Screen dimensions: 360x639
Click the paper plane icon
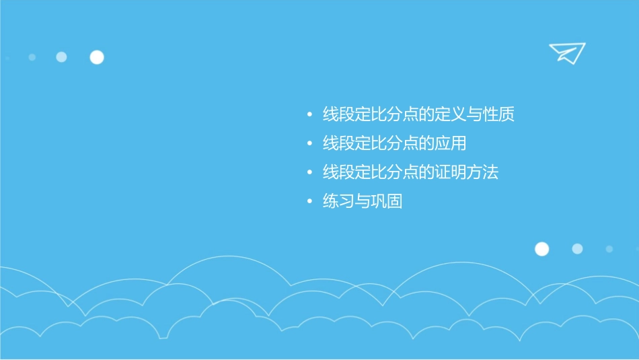point(566,52)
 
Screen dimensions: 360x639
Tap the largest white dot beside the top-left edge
point(97,57)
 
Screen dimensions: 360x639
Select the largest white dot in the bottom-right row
point(541,249)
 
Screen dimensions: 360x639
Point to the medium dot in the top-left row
point(61,57)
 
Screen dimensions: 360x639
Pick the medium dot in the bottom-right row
point(577,249)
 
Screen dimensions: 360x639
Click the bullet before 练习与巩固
point(309,201)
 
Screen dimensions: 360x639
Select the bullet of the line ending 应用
point(309,143)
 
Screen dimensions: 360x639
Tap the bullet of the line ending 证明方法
point(309,172)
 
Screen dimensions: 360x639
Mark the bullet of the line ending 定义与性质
point(309,114)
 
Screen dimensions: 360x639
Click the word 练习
point(339,201)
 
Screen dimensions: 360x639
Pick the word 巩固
point(387,201)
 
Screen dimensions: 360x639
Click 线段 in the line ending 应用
point(339,143)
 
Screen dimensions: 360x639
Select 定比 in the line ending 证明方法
point(371,172)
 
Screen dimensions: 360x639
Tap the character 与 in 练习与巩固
point(363,201)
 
